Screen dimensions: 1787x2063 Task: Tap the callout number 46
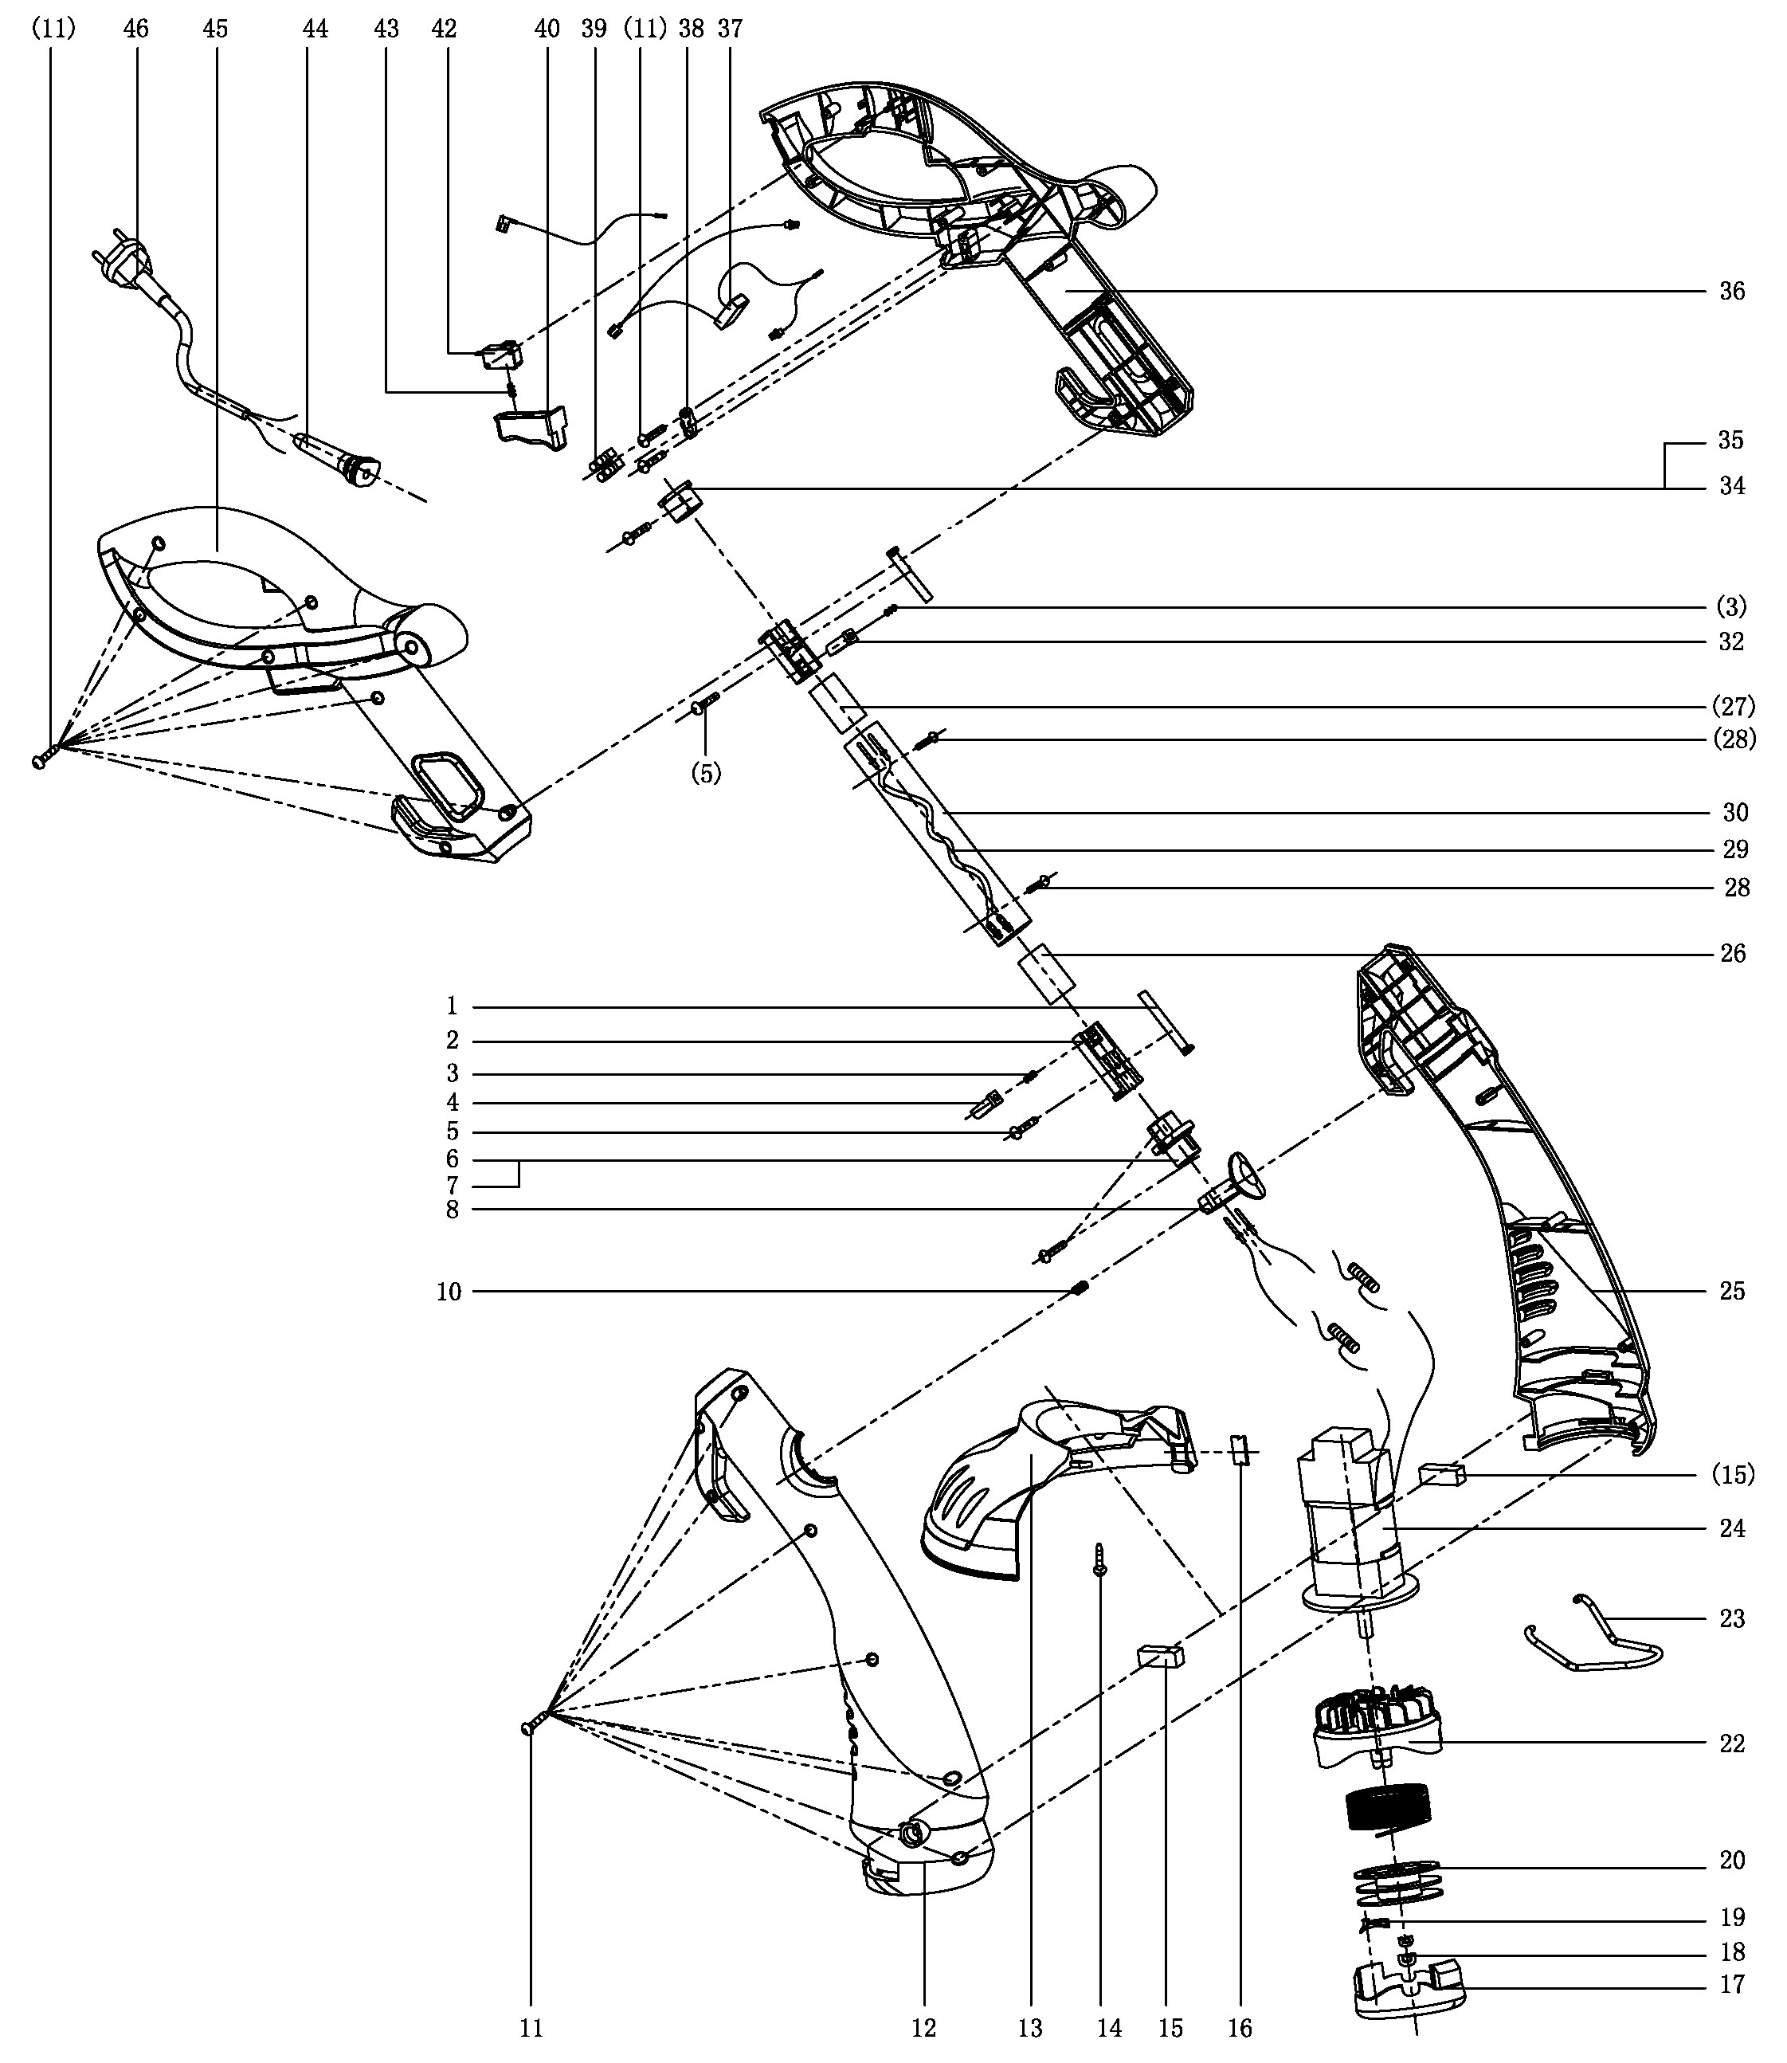135,29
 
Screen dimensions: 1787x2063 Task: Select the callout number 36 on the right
1732,291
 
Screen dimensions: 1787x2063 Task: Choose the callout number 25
1732,1291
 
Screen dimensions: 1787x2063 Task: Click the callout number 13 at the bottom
1030,2027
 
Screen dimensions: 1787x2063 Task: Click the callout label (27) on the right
1733,706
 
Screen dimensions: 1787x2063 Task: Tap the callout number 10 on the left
450,1292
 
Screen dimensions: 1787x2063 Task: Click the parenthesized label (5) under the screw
706,774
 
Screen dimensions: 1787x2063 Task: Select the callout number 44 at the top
315,29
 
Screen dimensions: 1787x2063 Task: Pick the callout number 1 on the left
452,1006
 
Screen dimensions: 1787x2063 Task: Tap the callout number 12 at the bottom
923,2027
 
